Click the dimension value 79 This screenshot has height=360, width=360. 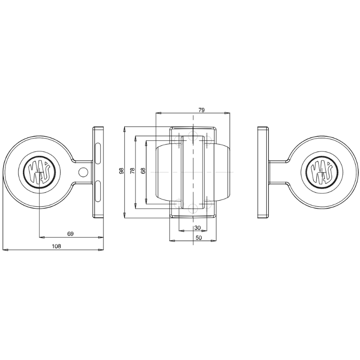[202, 109]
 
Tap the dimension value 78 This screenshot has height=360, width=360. [132, 171]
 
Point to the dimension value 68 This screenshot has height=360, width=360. [143, 171]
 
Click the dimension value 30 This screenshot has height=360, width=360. [198, 227]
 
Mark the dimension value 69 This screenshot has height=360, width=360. [70, 234]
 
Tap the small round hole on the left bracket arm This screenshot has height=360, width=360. [82, 172]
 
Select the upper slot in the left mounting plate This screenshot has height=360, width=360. [98, 152]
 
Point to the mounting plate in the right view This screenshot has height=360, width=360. [263, 172]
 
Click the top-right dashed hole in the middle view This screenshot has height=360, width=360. [208, 140]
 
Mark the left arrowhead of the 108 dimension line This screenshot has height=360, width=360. [4, 249]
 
